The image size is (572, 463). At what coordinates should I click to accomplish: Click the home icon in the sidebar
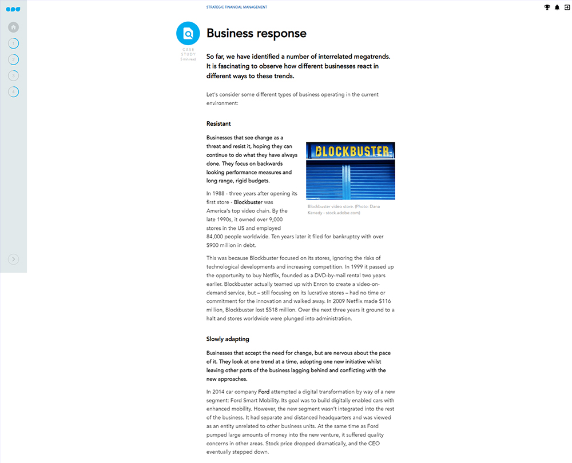(x=14, y=27)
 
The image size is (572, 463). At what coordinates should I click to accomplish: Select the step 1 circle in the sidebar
(x=14, y=43)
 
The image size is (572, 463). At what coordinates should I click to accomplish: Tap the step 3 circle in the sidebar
(x=14, y=75)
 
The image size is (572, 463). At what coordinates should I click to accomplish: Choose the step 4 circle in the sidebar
(x=14, y=91)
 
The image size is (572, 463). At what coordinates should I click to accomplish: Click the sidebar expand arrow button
(x=14, y=260)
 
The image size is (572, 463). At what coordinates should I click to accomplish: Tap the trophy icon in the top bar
(x=547, y=7)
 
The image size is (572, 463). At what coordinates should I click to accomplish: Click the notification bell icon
(x=557, y=7)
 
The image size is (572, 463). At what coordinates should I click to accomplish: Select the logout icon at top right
(x=566, y=7)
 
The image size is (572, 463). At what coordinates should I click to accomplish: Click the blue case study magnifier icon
(x=188, y=33)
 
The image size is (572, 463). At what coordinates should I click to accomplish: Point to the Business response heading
(x=256, y=34)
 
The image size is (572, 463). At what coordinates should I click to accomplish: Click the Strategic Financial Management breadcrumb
(x=237, y=7)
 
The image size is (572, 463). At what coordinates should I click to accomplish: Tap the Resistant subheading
(x=219, y=123)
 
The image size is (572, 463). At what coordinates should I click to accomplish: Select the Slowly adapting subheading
(x=228, y=339)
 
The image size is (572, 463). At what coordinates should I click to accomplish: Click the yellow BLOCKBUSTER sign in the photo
(x=351, y=151)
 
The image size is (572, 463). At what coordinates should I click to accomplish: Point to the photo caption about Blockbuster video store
(x=343, y=209)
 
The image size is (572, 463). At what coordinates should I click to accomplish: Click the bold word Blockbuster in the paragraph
(x=248, y=202)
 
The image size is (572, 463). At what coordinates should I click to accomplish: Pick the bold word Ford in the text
(x=264, y=392)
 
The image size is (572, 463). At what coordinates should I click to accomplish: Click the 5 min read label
(x=188, y=59)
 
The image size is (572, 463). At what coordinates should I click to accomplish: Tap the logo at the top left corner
(x=13, y=9)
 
